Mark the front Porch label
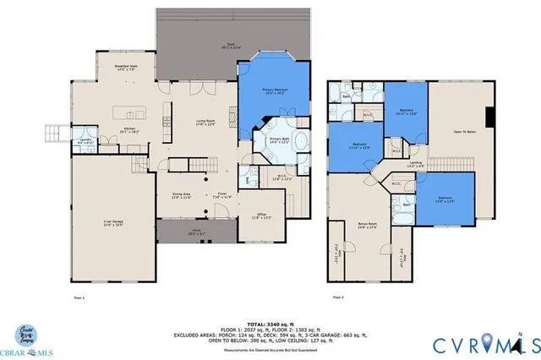point(196,232)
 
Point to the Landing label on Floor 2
point(415,164)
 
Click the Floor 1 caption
point(79,297)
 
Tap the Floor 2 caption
point(338,297)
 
